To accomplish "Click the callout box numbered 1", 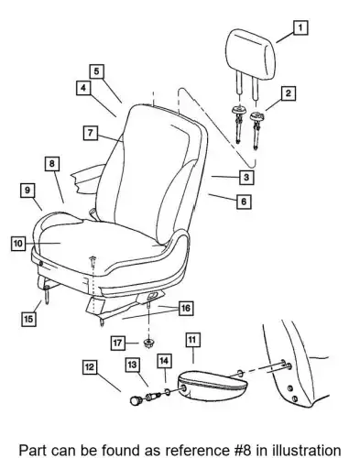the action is [300, 27].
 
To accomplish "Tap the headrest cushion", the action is [251, 54].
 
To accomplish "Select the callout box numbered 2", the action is [289, 93].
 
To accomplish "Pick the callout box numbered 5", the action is [96, 71].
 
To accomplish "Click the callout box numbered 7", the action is [91, 133].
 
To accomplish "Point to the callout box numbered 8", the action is [52, 164].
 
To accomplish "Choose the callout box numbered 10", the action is [18, 244].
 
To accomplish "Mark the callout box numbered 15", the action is [28, 319].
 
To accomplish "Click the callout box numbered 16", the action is [186, 308].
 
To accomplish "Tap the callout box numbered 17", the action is [118, 343].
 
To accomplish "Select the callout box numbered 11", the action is [192, 340].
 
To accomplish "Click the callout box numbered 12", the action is [90, 367].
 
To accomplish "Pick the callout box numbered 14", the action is [164, 361].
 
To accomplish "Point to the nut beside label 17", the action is [148, 343].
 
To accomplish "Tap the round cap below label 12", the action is [135, 400].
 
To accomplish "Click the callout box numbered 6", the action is [244, 202].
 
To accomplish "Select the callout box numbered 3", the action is [246, 177].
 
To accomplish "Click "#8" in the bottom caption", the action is [241, 451].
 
